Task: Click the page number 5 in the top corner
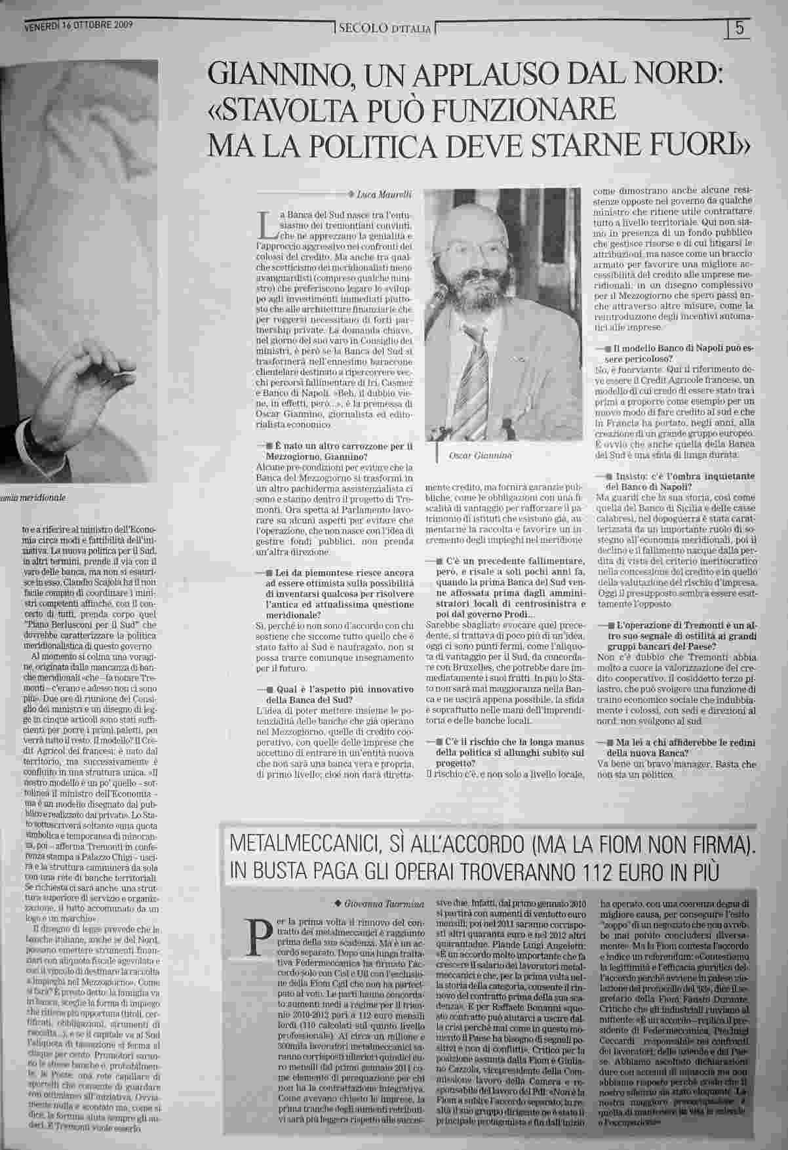point(739,28)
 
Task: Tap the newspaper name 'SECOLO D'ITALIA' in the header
point(384,29)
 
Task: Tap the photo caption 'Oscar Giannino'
point(476,455)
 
